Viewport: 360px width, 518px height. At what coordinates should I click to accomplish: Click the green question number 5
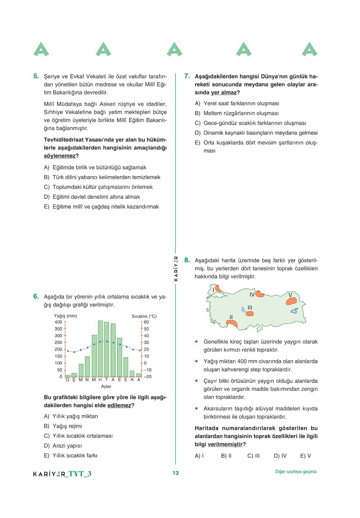click(x=36, y=76)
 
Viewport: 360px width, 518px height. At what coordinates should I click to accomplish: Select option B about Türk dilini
click(x=102, y=177)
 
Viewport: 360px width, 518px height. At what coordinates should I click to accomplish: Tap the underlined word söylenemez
click(x=60, y=156)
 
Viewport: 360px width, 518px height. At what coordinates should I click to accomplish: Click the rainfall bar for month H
click(x=100, y=349)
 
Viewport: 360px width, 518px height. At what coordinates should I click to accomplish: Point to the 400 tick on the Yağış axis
click(x=58, y=322)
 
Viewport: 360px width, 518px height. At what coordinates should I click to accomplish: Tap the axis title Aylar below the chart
click(x=106, y=387)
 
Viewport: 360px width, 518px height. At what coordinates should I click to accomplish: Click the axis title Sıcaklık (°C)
click(x=144, y=316)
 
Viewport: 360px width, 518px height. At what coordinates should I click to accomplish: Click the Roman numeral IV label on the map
click(x=252, y=295)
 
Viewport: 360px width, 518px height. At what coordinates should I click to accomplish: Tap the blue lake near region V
click(x=294, y=311)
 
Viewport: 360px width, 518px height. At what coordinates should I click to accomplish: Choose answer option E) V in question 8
click(x=305, y=456)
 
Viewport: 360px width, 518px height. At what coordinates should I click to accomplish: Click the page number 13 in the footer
click(x=175, y=473)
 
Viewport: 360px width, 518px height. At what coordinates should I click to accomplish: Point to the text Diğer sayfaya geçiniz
click(x=296, y=472)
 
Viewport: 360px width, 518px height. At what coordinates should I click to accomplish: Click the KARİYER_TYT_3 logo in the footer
click(x=62, y=474)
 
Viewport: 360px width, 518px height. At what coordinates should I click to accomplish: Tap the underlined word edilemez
click(x=119, y=406)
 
